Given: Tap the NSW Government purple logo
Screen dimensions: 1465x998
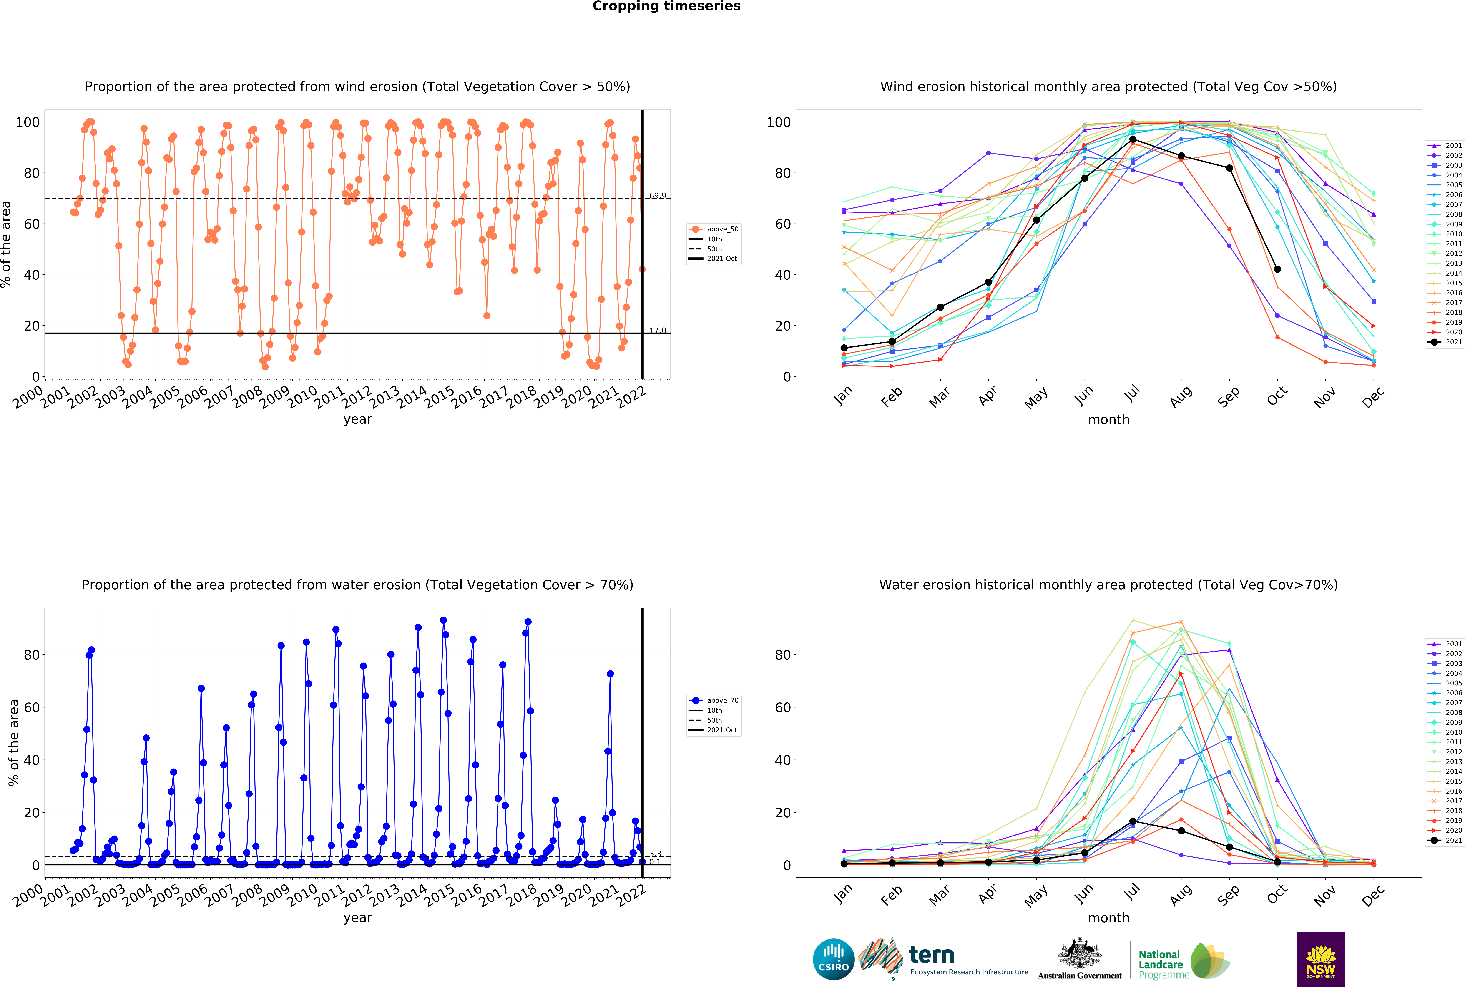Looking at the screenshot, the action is (x=1321, y=959).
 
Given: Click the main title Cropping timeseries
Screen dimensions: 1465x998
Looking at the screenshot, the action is (x=666, y=6).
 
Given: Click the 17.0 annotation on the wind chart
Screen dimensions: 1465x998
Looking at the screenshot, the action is (x=658, y=330).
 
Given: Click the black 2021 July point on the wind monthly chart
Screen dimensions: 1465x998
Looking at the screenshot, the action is (x=1133, y=139).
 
